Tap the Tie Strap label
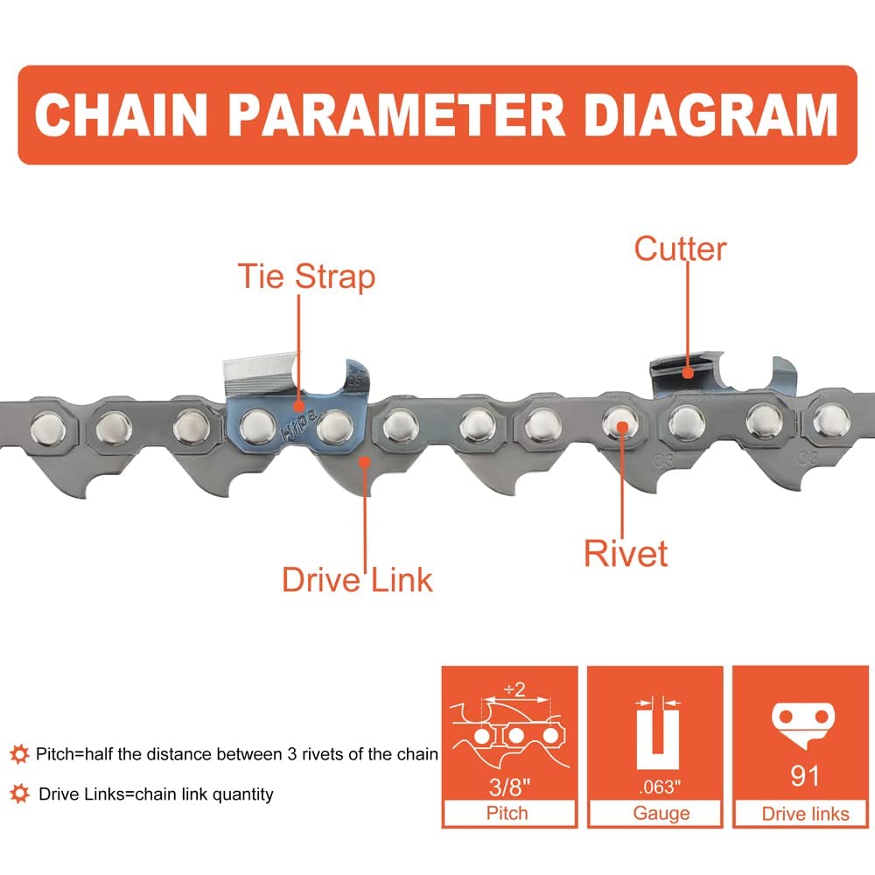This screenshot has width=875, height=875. (x=306, y=276)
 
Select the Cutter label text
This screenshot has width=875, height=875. (x=680, y=248)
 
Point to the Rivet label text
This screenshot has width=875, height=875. (x=626, y=553)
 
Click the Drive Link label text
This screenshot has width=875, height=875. (x=357, y=579)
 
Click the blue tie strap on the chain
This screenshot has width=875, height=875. (x=297, y=420)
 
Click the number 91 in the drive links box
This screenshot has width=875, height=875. (x=803, y=775)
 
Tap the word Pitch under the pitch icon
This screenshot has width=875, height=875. (x=507, y=813)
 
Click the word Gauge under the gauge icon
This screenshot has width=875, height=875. (x=661, y=813)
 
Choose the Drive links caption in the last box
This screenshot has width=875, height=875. (x=805, y=814)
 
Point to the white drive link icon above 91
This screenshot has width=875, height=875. (x=803, y=723)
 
